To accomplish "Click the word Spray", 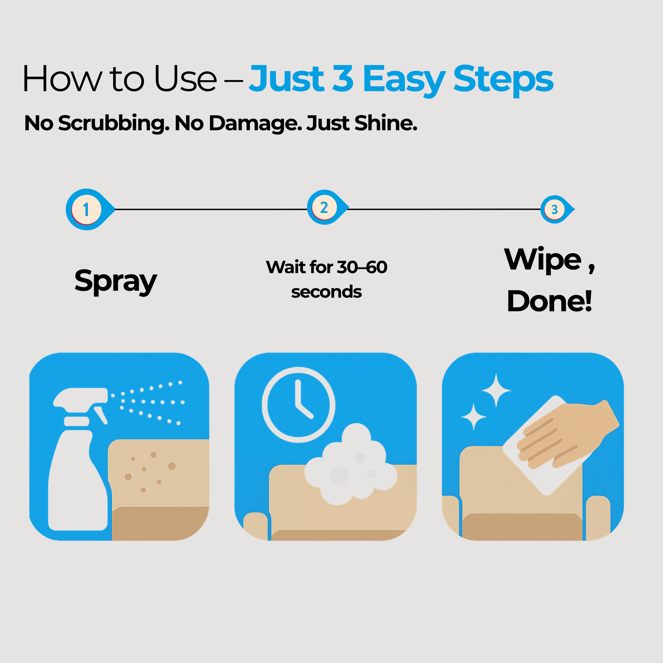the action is [116, 281].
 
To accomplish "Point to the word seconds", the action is [326, 292].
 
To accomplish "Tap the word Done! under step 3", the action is [549, 301].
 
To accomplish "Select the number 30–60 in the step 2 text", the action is [362, 267].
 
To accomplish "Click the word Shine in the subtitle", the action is [386, 123].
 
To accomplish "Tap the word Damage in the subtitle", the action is [256, 124].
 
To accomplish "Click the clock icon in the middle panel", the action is [298, 405].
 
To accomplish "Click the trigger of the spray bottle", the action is [100, 415].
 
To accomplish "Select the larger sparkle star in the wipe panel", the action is [496, 390].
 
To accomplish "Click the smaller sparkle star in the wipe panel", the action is [474, 417].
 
